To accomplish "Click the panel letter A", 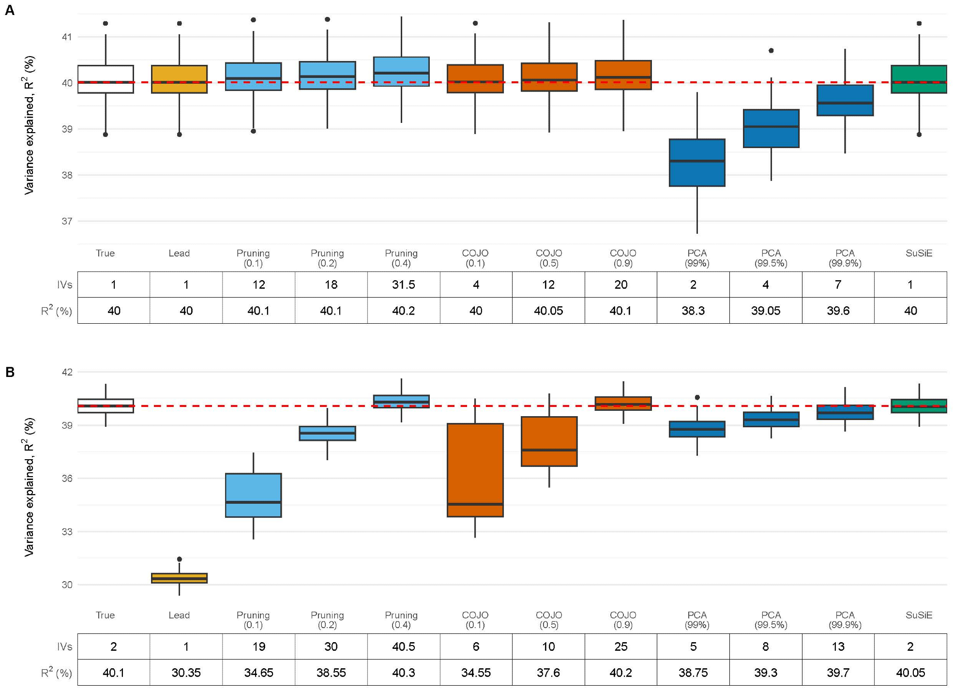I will click(10, 10).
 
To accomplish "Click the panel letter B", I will click(10, 372).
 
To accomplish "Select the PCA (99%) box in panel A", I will click(697, 163).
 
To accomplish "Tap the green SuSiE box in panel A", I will click(919, 79).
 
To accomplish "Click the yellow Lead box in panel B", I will click(179, 578).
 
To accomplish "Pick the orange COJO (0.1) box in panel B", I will click(475, 470).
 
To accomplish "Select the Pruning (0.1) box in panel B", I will click(253, 495).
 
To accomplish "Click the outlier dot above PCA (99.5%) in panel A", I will click(771, 50).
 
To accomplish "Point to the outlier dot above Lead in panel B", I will click(179, 559).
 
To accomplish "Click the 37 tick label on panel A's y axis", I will click(67, 221).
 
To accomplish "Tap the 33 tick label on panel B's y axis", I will click(67, 531).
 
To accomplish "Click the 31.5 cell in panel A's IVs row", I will click(403, 285).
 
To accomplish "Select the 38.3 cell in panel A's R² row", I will click(693, 311).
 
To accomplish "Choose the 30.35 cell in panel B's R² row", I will click(186, 673).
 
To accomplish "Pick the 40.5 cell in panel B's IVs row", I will click(403, 646).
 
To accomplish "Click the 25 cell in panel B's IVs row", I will click(620, 646).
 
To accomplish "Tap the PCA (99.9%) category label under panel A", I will click(845, 258).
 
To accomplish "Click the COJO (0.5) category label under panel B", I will click(549, 620).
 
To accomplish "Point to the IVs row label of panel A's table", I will click(64, 285).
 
